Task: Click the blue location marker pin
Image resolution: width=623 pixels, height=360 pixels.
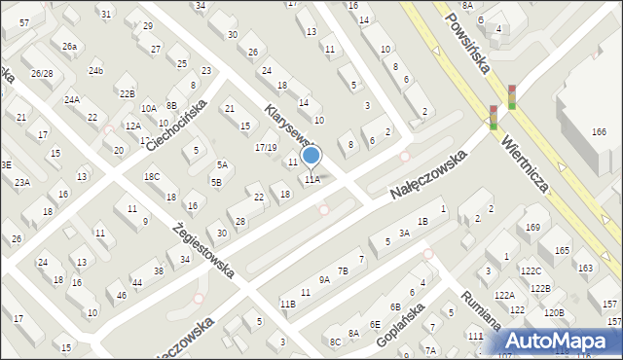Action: click(311, 156)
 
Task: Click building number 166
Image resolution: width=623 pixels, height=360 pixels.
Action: click(599, 131)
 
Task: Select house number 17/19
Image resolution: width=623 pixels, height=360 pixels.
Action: click(266, 147)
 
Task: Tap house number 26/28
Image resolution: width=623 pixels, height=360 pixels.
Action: click(41, 74)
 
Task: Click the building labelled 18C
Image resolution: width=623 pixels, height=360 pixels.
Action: click(152, 176)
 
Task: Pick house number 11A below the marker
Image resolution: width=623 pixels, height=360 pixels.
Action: click(311, 179)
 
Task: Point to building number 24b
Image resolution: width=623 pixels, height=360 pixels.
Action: click(95, 70)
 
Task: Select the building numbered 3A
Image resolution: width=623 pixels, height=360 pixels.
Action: click(404, 234)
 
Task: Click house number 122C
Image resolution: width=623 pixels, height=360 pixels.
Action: click(531, 270)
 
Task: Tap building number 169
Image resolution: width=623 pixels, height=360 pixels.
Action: click(532, 228)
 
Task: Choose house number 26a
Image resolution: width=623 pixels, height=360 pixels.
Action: click(69, 46)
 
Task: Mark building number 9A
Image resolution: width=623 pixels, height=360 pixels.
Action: click(324, 279)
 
